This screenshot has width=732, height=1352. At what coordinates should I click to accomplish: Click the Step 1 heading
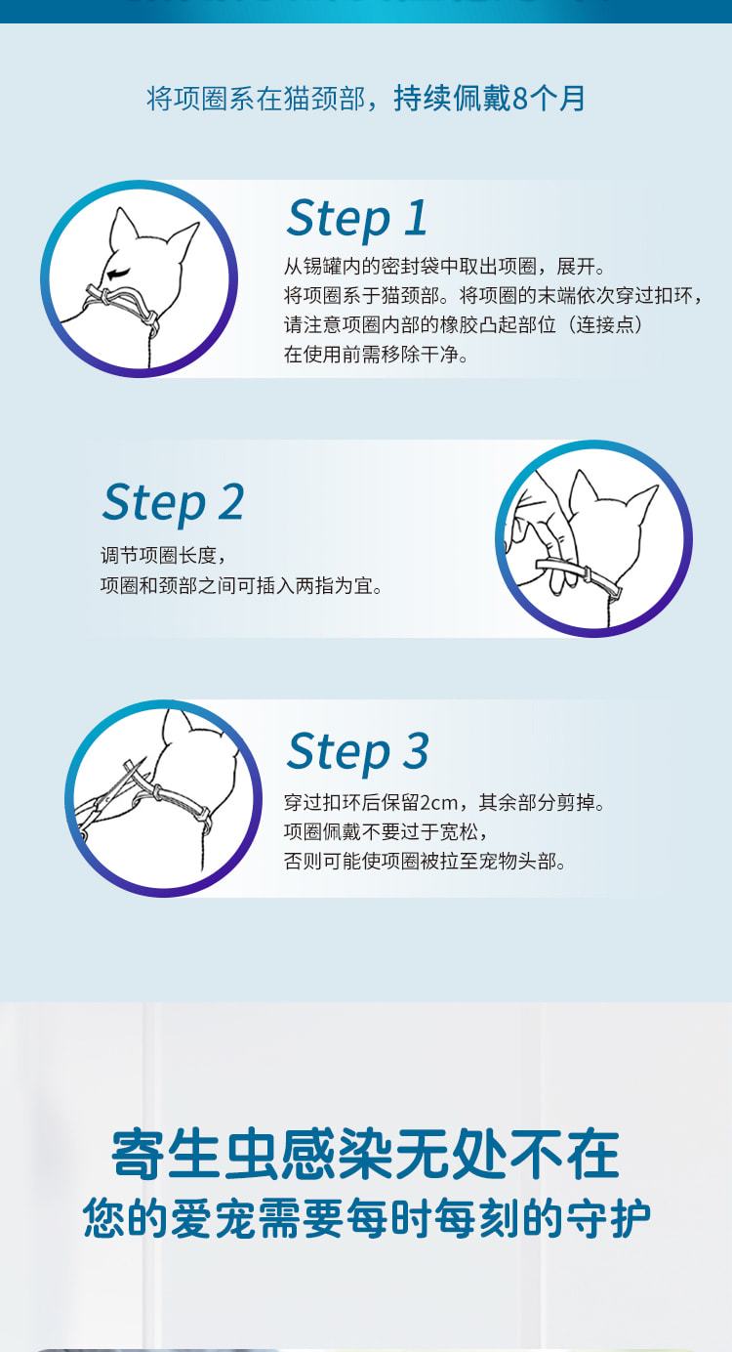coord(357,220)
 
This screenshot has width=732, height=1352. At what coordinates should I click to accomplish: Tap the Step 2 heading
coord(173,503)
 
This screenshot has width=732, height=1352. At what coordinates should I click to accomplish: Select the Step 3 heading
coord(357,752)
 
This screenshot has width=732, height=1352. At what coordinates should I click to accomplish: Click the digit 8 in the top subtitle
coord(520,99)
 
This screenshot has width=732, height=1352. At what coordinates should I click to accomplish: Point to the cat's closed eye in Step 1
coord(119,274)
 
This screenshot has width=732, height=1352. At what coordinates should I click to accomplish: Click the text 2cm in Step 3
coord(438,803)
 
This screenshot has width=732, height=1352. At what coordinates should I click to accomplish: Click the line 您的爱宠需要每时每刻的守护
coord(367,1219)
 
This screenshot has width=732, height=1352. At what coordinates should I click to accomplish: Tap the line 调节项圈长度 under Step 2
coord(163,555)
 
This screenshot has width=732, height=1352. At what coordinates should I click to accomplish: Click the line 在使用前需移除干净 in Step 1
coord(377,355)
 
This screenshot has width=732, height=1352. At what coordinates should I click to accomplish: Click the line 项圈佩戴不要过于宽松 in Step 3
coord(386,831)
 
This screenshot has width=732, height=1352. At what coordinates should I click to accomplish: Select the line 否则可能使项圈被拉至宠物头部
coord(426,861)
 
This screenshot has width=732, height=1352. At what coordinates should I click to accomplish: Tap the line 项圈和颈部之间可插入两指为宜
coord(242,585)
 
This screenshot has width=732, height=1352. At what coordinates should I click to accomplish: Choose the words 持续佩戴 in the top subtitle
coord(452,99)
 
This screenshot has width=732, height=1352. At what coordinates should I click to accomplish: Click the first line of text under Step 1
coord(445,266)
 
